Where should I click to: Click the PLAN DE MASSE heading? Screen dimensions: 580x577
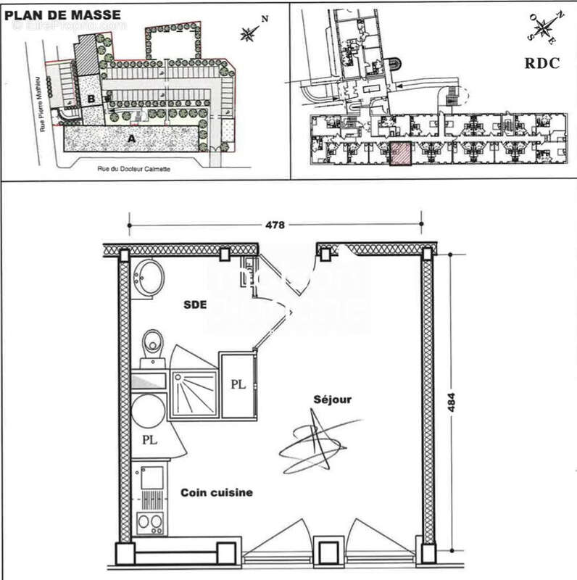click(x=62, y=14)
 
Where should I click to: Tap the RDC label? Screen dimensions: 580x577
click(x=542, y=63)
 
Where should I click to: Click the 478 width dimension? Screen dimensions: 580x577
click(x=275, y=225)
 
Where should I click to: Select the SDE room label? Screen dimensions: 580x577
click(x=196, y=305)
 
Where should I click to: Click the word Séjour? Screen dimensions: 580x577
click(x=333, y=399)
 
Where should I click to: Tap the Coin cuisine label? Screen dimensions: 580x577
click(x=217, y=492)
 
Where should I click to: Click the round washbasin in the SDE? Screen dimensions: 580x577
click(x=151, y=278)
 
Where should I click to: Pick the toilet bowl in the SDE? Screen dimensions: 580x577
click(x=152, y=341)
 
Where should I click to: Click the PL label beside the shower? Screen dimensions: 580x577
click(x=238, y=385)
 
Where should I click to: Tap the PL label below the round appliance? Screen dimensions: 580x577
click(x=149, y=439)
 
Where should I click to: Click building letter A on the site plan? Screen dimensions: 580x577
click(x=131, y=138)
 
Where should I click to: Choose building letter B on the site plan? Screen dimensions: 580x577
click(x=92, y=99)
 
